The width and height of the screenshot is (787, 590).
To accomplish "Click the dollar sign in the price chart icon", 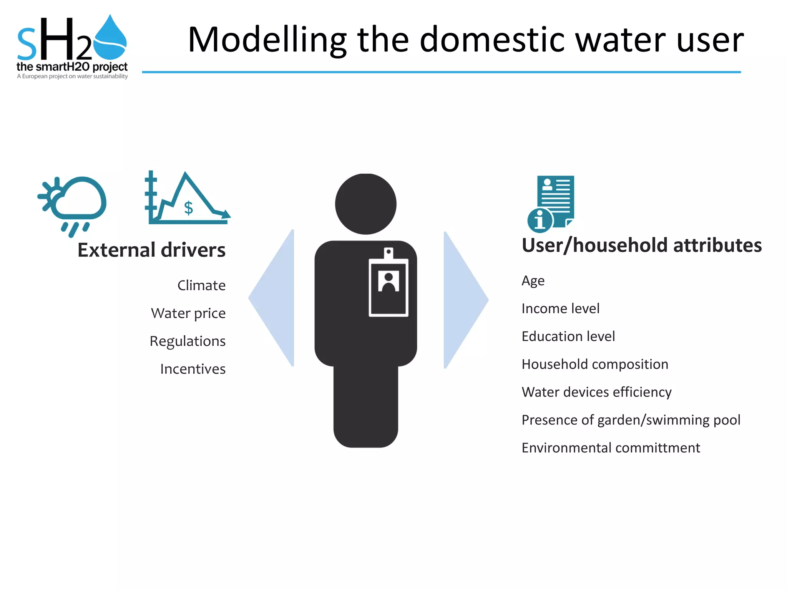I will point(188,208).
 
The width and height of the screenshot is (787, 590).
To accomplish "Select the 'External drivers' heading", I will point(151,250).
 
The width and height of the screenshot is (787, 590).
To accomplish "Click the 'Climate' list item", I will point(201,285).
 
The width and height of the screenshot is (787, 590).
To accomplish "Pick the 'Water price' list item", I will point(188,313).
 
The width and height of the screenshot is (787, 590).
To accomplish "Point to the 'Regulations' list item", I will point(188,341).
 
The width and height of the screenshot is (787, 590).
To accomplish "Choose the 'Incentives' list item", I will point(193,369).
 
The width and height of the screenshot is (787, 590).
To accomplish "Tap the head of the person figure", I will point(365,204).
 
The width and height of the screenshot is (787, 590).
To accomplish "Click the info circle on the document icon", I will point(540,220).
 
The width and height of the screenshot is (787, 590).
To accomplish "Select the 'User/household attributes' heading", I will point(641,245).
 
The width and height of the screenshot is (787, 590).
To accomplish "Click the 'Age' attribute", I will point(533,281).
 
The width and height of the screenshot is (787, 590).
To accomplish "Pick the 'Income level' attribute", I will point(560,308).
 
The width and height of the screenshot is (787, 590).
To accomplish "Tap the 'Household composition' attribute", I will point(594,364).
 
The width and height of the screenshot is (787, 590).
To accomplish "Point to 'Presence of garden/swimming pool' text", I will point(631,420).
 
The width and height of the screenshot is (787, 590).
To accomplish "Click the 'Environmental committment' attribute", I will point(611,448).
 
